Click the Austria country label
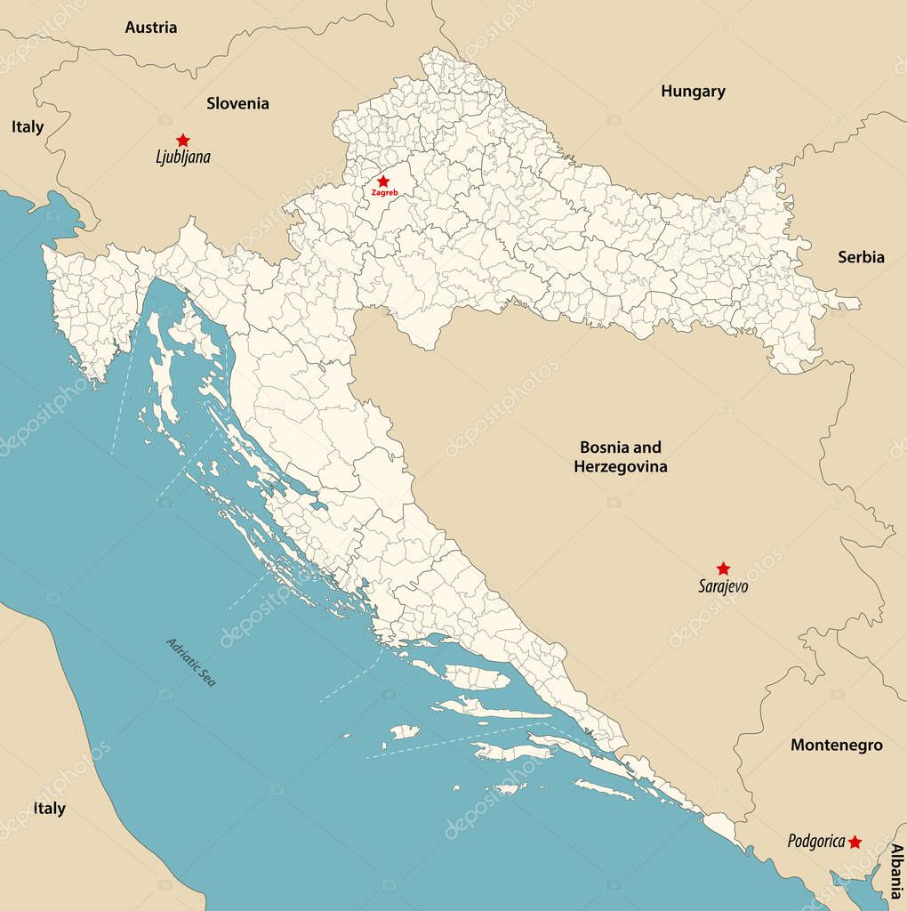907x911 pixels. pyautogui.click(x=150, y=28)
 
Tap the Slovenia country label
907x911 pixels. pyautogui.click(x=237, y=103)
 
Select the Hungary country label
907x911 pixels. pyautogui.click(x=693, y=91)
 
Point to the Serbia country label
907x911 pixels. pyautogui.click(x=861, y=257)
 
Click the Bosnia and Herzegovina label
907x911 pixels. pyautogui.click(x=621, y=456)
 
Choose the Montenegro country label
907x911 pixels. pyautogui.click(x=836, y=746)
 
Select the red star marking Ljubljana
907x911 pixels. pyautogui.click(x=183, y=140)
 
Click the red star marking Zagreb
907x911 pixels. pyautogui.click(x=383, y=181)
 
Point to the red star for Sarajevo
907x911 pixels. pyautogui.click(x=723, y=568)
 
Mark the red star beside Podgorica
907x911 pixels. pyautogui.click(x=855, y=842)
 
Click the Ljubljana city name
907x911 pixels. pyautogui.click(x=183, y=157)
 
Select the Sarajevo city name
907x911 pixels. pyautogui.click(x=722, y=586)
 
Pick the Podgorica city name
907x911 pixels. pyautogui.click(x=815, y=841)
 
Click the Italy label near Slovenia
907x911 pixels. pyautogui.click(x=28, y=127)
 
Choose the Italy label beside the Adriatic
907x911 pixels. pyautogui.click(x=49, y=809)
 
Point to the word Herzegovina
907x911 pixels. pyautogui.click(x=621, y=466)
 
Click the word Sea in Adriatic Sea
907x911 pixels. pyautogui.click(x=208, y=678)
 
